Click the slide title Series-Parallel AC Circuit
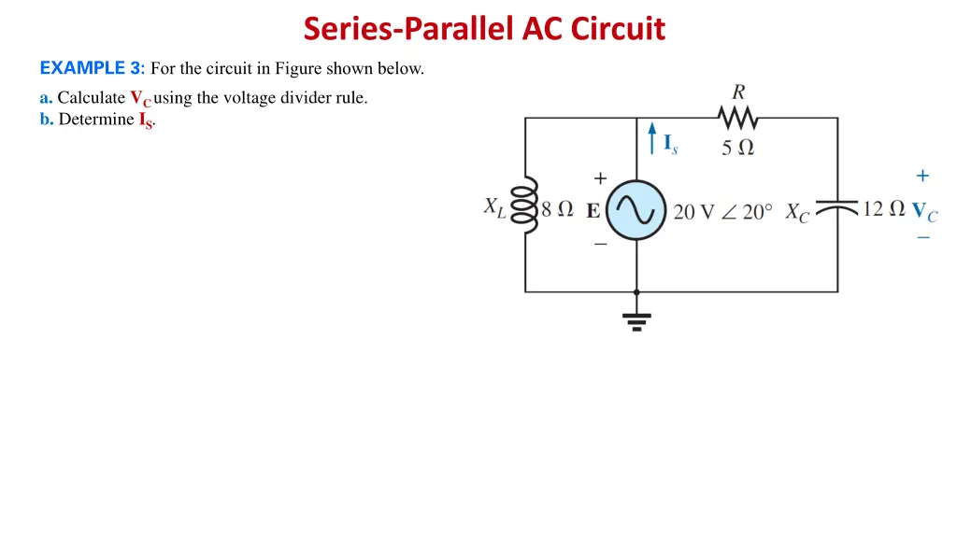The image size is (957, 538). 484,29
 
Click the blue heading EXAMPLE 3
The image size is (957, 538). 92,68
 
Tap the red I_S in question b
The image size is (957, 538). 146,120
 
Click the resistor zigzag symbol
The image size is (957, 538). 738,118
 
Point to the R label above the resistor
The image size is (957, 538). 738,92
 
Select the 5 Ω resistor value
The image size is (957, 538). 738,148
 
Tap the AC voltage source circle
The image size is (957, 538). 636,211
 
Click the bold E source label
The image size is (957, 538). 593,211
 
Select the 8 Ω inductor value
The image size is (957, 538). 557,210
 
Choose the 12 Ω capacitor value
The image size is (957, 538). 883,209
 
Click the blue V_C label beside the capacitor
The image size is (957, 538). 924,212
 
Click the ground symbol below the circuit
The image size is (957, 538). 637,320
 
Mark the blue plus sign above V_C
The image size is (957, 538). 922,176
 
